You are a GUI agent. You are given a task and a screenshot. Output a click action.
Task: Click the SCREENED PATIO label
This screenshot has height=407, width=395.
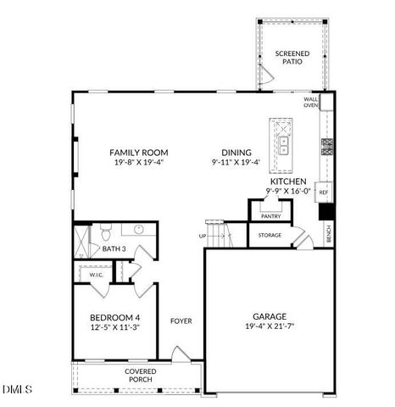point(292,58)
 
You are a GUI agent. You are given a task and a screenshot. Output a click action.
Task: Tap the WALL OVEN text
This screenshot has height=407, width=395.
point(311,103)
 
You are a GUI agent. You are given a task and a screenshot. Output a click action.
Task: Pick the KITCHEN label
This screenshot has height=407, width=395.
point(287,181)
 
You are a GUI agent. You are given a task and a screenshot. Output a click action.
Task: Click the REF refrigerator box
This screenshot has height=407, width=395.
point(324,193)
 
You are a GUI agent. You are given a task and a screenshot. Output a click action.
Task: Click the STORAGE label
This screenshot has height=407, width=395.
point(270,235)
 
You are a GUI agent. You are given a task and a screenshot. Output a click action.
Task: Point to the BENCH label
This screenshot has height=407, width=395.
point(329,233)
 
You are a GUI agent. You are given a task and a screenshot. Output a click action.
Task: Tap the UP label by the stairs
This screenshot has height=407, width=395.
point(203,235)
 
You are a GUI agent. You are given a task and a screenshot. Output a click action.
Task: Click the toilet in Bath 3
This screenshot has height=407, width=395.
point(104,231)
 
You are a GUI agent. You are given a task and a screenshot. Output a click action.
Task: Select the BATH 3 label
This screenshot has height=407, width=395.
point(114,249)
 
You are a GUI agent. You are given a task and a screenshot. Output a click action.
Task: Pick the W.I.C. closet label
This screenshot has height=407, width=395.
point(90,274)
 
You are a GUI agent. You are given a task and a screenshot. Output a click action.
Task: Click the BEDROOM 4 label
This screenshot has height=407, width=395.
point(114,316)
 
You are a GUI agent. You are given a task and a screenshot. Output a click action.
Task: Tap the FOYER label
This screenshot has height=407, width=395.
point(181,321)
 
